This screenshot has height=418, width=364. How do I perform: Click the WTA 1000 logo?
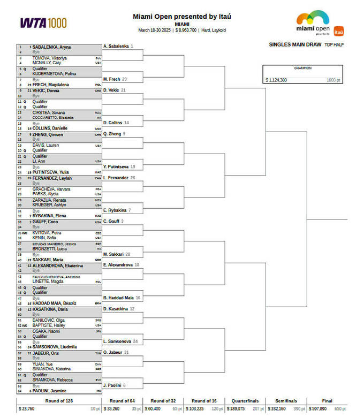click(x=43, y=22)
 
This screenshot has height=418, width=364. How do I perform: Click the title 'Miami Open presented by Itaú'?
click(x=182, y=17)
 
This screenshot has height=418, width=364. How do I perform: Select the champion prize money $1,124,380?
click(x=276, y=80)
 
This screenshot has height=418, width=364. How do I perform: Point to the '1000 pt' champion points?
click(x=333, y=80)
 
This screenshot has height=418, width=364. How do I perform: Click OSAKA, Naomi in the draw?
click(x=44, y=331)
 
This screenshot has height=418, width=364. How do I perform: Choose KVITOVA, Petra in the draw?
click(x=44, y=233)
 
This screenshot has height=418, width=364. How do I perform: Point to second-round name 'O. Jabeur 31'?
click(x=115, y=352)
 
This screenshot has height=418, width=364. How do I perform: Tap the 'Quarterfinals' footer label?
click(x=245, y=401)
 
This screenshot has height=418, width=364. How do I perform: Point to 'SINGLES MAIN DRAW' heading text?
click(x=294, y=45)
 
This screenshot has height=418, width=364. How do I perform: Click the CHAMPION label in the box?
click(x=302, y=68)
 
